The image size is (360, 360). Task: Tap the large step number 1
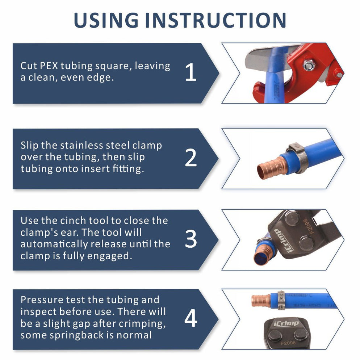click(191, 73)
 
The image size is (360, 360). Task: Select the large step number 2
click(191, 158)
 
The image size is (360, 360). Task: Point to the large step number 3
click(191, 239)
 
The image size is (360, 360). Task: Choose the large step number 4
click(191, 319)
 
